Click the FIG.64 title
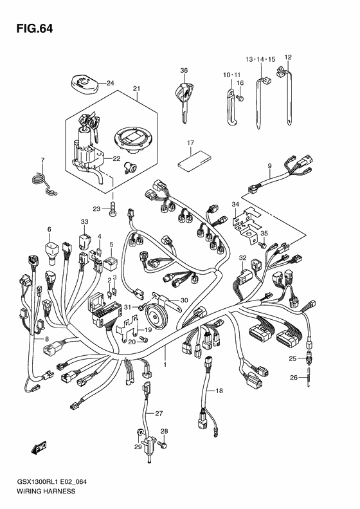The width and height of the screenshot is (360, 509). pyautogui.click(x=35, y=29)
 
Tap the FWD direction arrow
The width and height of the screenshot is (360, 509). pyautogui.click(x=39, y=448)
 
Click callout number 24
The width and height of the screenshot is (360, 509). pyautogui.click(x=111, y=84)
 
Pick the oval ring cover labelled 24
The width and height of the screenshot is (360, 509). pyautogui.click(x=84, y=84)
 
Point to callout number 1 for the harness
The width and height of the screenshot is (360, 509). pyautogui.click(x=165, y=365)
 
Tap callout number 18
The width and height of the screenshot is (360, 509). pyautogui.click(x=220, y=391)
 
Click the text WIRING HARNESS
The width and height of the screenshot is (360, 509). pyautogui.click(x=46, y=491)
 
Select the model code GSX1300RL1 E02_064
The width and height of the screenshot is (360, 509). pyautogui.click(x=51, y=482)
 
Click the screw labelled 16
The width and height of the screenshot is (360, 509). pyautogui.click(x=240, y=97)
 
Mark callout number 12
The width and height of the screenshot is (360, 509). pyautogui.click(x=288, y=57)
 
